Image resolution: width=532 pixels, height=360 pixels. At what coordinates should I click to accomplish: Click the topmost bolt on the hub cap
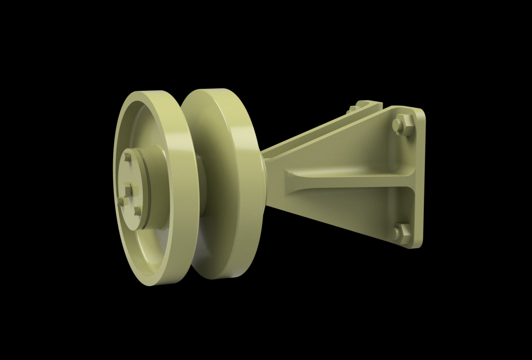pos(128,156)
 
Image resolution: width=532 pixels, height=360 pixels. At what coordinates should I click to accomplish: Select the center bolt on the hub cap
pos(129,190)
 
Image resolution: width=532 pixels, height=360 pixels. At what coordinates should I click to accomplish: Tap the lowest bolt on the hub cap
pos(138,211)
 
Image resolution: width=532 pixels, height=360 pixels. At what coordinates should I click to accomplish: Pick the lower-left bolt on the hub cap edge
pos(120,201)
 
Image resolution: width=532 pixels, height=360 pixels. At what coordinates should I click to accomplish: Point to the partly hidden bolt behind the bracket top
pos(352,109)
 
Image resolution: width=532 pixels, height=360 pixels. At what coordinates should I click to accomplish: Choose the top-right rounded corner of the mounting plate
pos(422,112)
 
